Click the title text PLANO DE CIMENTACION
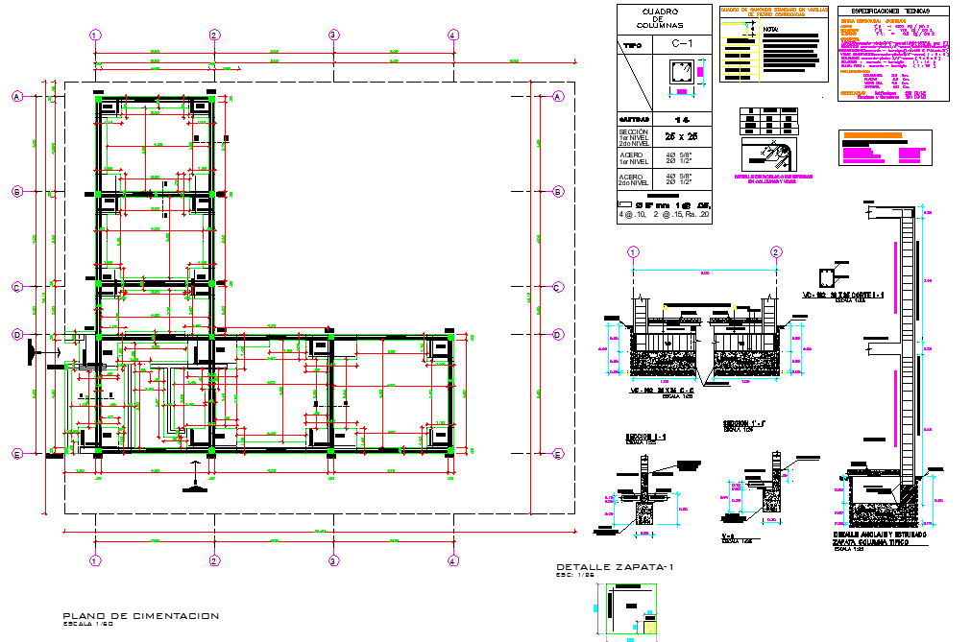click(140, 615)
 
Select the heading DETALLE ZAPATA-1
click(615, 567)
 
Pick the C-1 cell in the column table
click(682, 45)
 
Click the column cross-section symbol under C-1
click(682, 73)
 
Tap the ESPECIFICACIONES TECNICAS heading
click(897, 11)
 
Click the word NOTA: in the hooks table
click(770, 30)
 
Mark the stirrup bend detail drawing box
click(765, 155)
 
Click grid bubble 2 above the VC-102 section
click(775, 252)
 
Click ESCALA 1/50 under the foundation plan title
click(87, 625)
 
